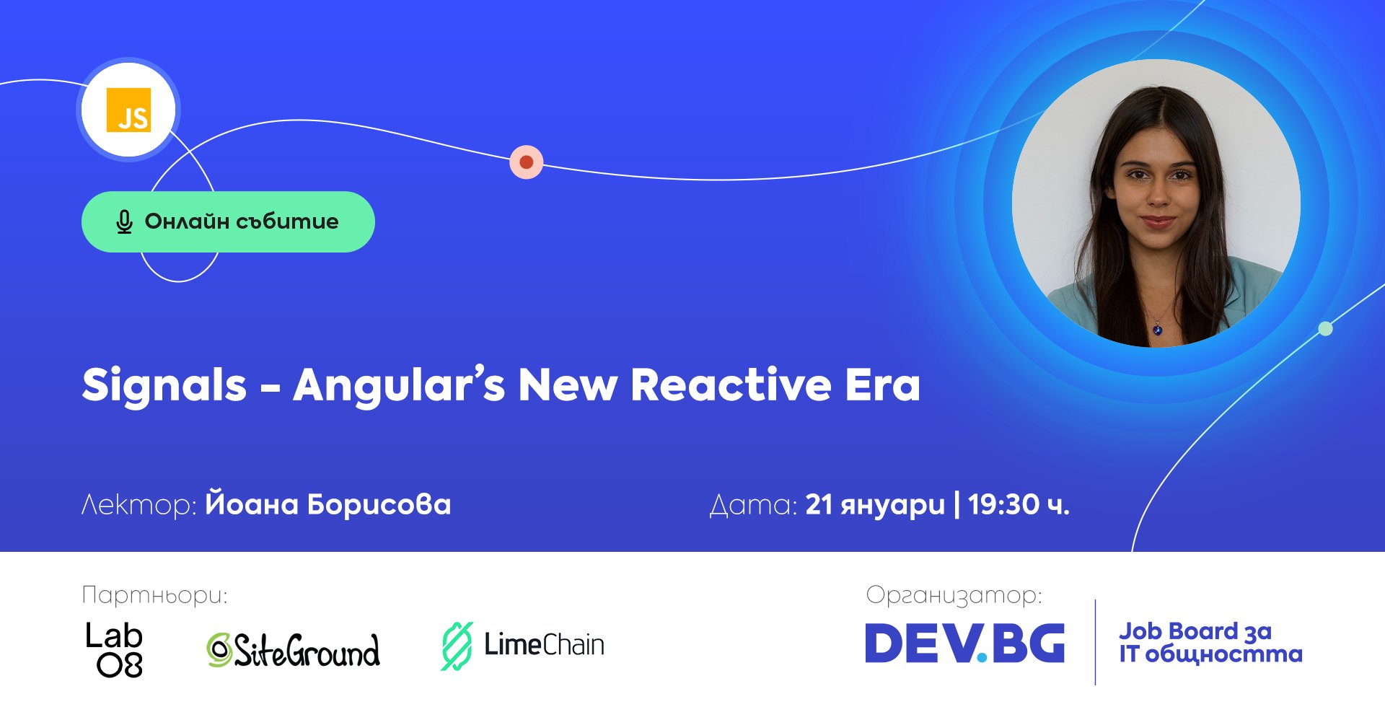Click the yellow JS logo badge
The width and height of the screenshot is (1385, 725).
pyautogui.click(x=128, y=110)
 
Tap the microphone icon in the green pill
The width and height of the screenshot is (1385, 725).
pyautogui.click(x=124, y=222)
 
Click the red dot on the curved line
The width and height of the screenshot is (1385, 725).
pyautogui.click(x=527, y=162)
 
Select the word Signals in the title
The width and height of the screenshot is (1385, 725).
pyautogui.click(x=164, y=385)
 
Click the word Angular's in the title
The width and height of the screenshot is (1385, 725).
pyautogui.click(x=399, y=385)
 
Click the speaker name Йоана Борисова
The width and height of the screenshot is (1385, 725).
pyautogui.click(x=328, y=504)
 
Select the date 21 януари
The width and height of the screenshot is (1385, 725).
pyautogui.click(x=874, y=505)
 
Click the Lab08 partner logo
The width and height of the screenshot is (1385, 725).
pyautogui.click(x=115, y=649)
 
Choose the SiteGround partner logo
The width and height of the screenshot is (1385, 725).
pyautogui.click(x=293, y=649)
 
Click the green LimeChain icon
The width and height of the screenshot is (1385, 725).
pyautogui.click(x=457, y=646)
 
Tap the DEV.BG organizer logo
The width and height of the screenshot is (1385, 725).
pyautogui.click(x=964, y=643)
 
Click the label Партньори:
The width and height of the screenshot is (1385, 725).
pyautogui.click(x=154, y=595)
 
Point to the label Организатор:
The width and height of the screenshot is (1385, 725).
pyautogui.click(x=954, y=595)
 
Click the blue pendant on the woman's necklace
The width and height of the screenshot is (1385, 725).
pyautogui.click(x=1157, y=330)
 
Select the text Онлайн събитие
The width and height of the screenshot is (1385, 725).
pyautogui.click(x=242, y=221)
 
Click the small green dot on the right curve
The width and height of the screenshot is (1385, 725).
pyautogui.click(x=1325, y=329)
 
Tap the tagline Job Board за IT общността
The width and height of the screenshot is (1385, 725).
pyautogui.click(x=1210, y=643)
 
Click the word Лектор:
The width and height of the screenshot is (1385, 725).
pyautogui.click(x=138, y=504)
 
